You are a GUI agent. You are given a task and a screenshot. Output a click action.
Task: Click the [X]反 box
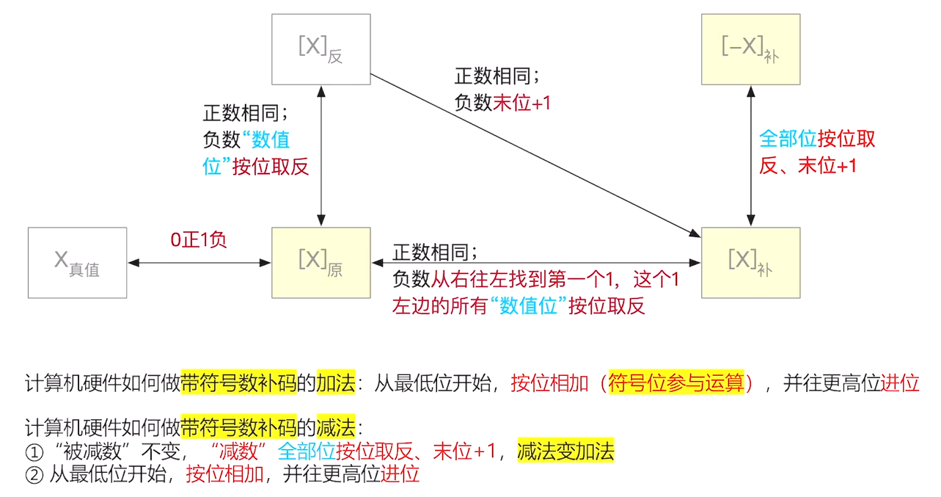[321, 49]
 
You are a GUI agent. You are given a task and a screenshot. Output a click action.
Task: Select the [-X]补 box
[750, 49]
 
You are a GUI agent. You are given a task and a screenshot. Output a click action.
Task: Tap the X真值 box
[77, 262]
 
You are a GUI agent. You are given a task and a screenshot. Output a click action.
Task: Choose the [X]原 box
[321, 262]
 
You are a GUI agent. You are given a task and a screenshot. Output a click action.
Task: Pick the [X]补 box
[750, 262]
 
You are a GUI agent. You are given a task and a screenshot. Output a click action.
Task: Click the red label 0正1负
[199, 240]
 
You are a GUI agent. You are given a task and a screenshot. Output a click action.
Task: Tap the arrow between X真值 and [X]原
[199, 262]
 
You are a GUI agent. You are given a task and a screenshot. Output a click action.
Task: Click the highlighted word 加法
[336, 382]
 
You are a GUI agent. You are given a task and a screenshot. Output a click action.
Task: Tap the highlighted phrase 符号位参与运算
[676, 382]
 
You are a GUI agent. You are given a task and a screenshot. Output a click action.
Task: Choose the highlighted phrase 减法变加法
[565, 451]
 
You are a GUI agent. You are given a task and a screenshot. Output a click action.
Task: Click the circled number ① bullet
[35, 451]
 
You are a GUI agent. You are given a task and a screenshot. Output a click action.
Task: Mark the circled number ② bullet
[35, 474]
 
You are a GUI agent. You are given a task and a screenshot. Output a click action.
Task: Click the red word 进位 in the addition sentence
[899, 382]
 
